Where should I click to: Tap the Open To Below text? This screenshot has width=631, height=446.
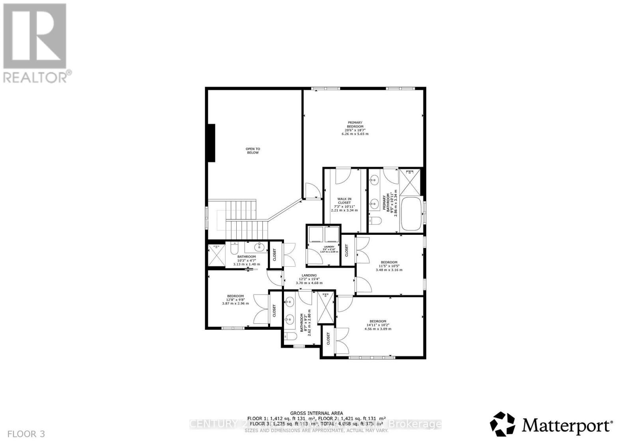click(x=253, y=151)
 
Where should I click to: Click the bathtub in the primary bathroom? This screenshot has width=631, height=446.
click(x=411, y=214)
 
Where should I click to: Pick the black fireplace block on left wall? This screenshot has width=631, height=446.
click(x=211, y=143)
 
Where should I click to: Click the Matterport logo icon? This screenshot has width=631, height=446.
click(x=502, y=424)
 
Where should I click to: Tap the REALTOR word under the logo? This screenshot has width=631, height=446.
click(x=35, y=77)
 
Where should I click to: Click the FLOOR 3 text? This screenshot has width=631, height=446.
click(x=26, y=434)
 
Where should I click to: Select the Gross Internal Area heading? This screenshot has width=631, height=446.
click(x=316, y=413)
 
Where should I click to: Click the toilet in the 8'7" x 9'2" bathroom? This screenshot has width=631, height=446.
click(x=290, y=337)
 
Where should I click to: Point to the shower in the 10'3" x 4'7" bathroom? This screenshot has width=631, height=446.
click(x=216, y=255)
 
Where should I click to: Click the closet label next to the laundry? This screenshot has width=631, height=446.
click(x=347, y=250)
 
